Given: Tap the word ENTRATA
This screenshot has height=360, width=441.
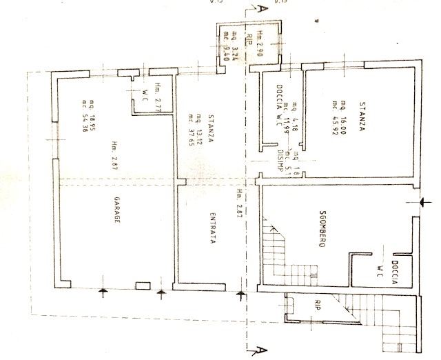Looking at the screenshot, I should (x=215, y=227).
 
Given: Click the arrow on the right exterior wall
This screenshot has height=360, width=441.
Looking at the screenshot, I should (x=421, y=201).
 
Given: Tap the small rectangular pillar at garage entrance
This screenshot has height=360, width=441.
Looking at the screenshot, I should (x=143, y=285).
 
